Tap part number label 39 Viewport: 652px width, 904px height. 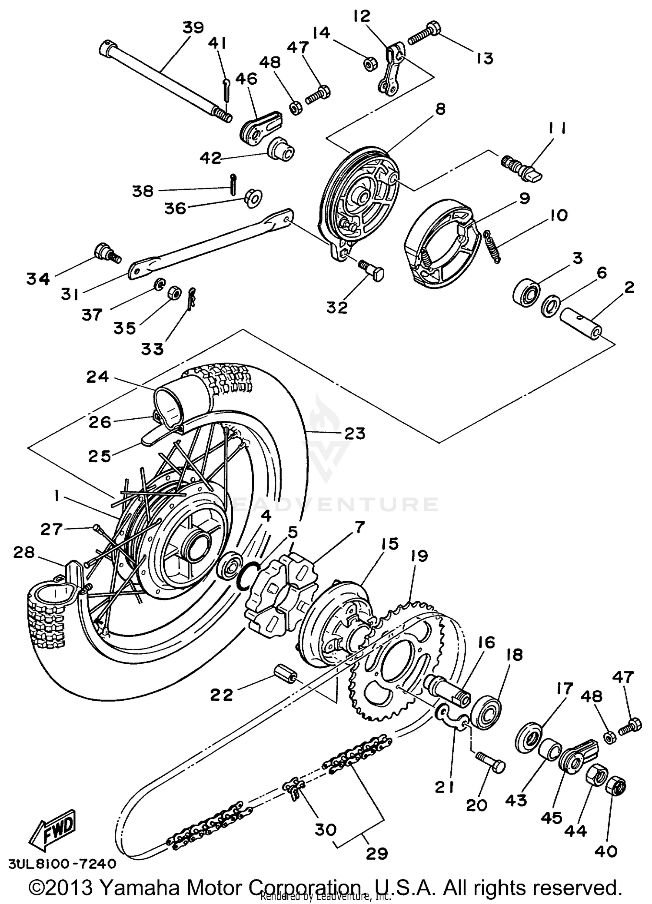193,28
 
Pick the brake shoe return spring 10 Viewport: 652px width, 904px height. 492,246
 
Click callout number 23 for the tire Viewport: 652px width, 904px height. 354,433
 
